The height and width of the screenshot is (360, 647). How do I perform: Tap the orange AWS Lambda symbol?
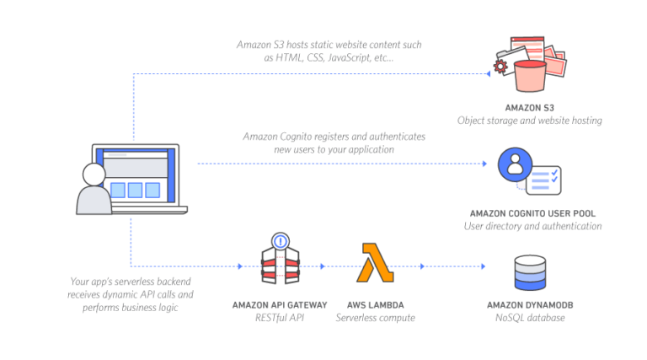(x=375, y=263)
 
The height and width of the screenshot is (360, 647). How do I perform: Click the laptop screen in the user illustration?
(x=136, y=175)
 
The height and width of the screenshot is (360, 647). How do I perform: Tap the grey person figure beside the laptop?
(x=94, y=191)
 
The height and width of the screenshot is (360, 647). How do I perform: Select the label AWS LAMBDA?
(x=375, y=304)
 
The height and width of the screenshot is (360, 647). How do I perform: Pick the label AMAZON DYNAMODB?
(x=531, y=304)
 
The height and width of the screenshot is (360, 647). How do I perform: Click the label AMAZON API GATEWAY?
(x=279, y=304)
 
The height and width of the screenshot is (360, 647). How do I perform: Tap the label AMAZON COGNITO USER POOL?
(x=532, y=213)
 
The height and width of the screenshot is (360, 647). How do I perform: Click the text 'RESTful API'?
(x=279, y=317)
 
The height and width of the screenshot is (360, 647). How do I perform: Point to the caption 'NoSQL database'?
(x=531, y=317)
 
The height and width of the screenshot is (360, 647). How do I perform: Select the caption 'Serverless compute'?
(x=375, y=317)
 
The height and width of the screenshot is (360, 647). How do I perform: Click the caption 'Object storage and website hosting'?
(x=529, y=121)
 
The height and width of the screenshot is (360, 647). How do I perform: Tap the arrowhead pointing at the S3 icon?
(x=488, y=73)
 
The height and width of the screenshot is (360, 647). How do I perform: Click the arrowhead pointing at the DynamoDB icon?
(x=483, y=266)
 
